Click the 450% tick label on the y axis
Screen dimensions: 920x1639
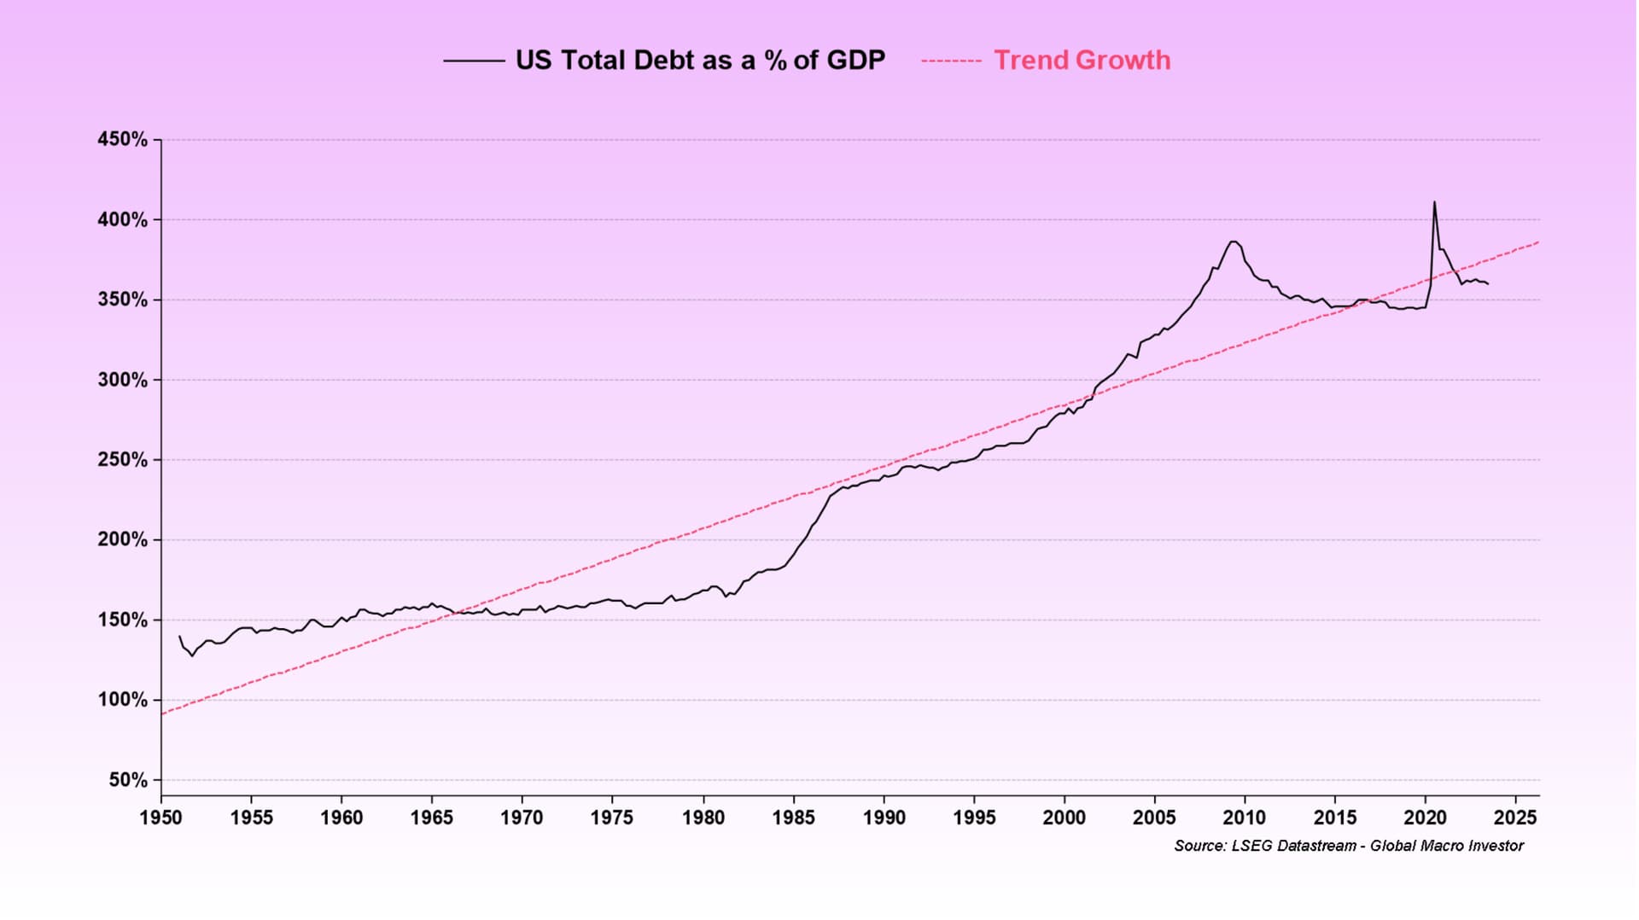click(x=122, y=139)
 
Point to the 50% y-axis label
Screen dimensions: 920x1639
click(x=128, y=780)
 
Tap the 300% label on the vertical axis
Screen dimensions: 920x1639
click(x=122, y=380)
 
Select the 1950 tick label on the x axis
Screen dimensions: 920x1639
click(x=160, y=818)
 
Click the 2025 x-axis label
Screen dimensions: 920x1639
click(x=1515, y=818)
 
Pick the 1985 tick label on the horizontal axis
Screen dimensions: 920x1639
click(x=793, y=818)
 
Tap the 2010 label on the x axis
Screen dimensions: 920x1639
click(x=1245, y=818)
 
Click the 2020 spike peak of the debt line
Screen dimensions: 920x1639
click(x=1434, y=202)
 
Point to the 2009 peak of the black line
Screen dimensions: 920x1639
click(x=1233, y=242)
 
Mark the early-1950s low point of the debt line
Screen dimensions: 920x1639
click(x=192, y=655)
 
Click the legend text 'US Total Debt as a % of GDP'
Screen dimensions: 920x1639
click(x=700, y=61)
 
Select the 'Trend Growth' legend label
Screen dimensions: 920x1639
click(x=1082, y=61)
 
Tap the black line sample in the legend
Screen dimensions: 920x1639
click(x=474, y=61)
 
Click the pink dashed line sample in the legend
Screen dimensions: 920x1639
click(x=951, y=61)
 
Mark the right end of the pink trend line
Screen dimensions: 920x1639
click(x=1538, y=242)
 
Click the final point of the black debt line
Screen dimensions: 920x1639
click(x=1488, y=284)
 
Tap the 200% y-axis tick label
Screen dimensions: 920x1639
click(x=122, y=540)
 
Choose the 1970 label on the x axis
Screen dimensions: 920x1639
click(x=522, y=818)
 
